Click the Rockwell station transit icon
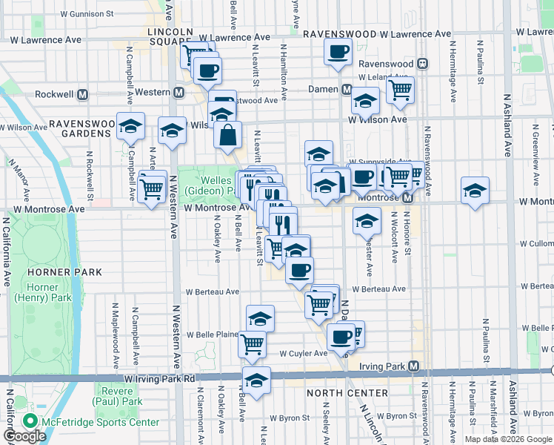(x=83, y=95)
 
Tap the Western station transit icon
(x=178, y=93)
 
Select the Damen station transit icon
(x=346, y=89)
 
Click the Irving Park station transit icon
(x=413, y=366)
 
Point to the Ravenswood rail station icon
(x=421, y=64)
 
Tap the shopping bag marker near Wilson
(x=228, y=135)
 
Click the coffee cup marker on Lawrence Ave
(x=338, y=52)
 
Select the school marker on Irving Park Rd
(x=257, y=380)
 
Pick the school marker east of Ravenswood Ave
(x=475, y=191)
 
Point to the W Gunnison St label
(x=87, y=13)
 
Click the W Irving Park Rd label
(x=159, y=378)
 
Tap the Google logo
(x=24, y=437)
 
